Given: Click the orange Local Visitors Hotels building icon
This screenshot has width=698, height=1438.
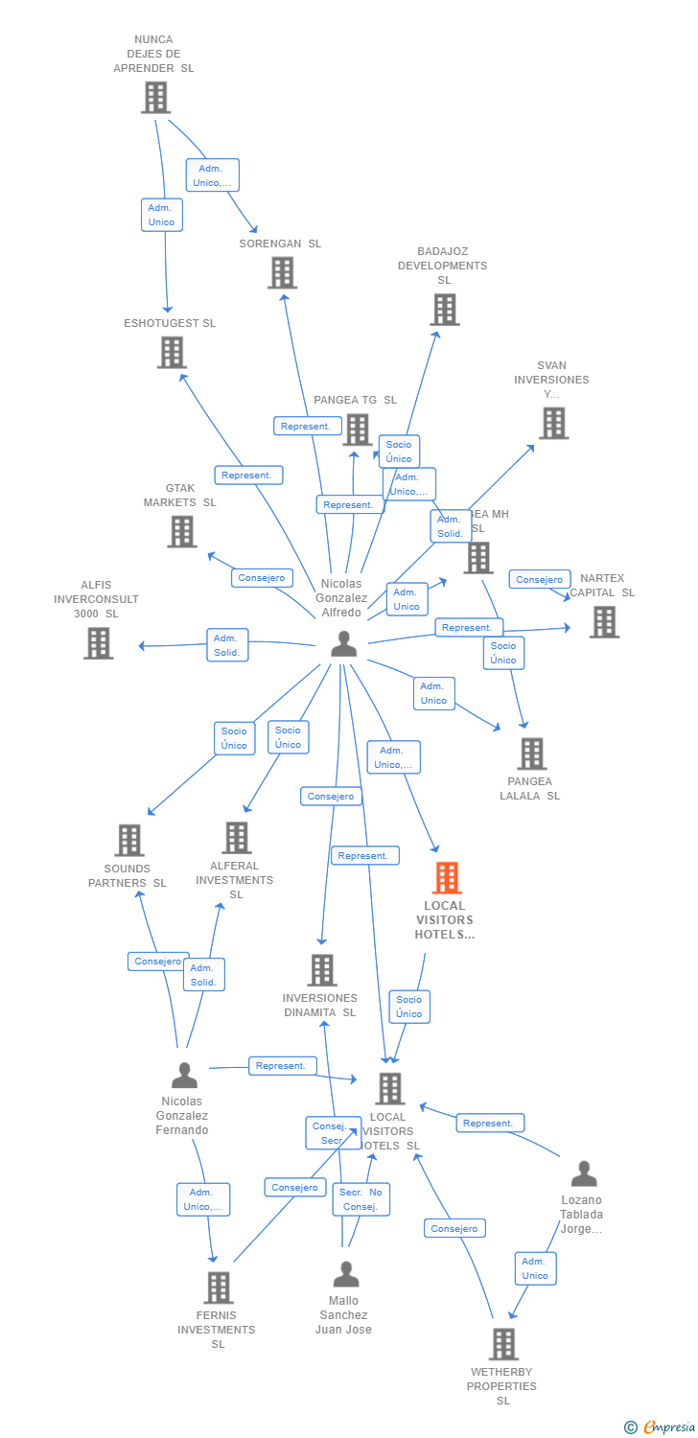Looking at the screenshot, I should [x=447, y=877].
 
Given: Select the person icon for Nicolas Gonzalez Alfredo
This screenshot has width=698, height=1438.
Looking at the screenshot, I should [x=343, y=644].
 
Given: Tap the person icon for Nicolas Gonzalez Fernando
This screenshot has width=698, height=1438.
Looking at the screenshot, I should [x=184, y=1076].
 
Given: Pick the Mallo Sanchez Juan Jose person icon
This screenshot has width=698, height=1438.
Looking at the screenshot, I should [x=345, y=1274].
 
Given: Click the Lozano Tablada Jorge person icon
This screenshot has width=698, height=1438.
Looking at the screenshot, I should [x=583, y=1173].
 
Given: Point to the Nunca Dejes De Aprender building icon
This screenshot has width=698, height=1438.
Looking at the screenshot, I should [x=155, y=97].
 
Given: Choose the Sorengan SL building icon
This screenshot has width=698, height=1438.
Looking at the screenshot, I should [x=282, y=272].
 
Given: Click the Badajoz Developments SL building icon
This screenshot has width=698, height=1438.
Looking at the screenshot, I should [x=444, y=310].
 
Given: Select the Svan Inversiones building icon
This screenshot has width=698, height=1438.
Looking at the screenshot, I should [x=553, y=423].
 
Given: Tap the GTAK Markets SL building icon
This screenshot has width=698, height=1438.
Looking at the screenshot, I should [x=182, y=531].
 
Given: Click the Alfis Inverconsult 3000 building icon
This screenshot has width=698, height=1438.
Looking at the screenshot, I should [x=98, y=642].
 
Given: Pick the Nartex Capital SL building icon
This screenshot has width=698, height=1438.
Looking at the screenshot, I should [x=604, y=621].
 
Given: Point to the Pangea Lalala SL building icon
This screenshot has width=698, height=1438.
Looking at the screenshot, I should [x=531, y=754].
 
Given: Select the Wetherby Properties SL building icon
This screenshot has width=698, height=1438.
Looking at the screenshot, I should [x=503, y=1344].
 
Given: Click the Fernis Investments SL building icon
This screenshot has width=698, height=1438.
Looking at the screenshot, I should [x=219, y=1287].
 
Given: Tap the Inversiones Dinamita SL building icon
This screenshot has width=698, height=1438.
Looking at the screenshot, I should [x=322, y=970].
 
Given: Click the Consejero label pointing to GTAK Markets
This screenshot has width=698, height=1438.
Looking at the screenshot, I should [x=262, y=578].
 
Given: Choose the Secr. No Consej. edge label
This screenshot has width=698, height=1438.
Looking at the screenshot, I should [x=361, y=1199].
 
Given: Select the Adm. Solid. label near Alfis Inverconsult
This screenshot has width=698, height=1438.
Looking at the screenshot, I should [x=227, y=645].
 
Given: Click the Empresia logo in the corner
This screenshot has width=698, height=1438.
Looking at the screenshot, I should [x=660, y=1427].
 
